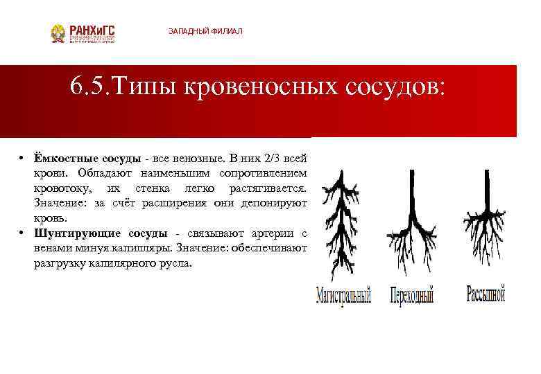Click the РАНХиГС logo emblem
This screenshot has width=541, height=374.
(59, 33)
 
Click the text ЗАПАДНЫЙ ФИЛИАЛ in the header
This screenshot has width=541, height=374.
(206, 32)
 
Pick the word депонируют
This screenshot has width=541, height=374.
(274, 204)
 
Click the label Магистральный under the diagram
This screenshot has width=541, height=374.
(343, 296)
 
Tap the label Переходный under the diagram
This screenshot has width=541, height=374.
(411, 296)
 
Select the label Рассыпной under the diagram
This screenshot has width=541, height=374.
(485, 294)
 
